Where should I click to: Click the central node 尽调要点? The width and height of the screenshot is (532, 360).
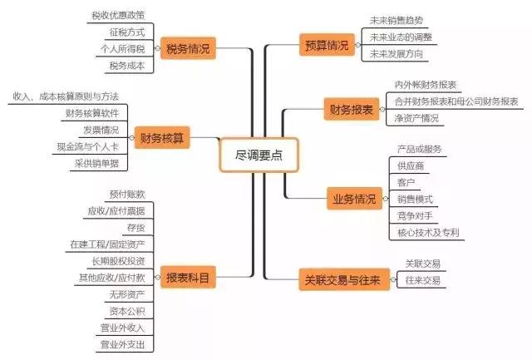pos(259,155)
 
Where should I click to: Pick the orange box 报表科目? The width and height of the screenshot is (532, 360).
pos(187,276)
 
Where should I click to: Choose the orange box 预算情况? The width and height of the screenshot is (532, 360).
pos(326,46)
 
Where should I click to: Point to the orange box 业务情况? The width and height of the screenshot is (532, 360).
pos(353,200)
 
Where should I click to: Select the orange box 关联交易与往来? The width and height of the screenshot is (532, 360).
pos(341,280)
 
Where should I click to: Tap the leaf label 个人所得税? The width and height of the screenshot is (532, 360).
pos(121,49)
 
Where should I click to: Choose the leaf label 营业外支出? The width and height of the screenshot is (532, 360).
pos(122,343)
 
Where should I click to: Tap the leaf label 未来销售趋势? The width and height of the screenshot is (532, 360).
pos(401,20)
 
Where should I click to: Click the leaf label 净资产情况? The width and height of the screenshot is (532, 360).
pos(416,118)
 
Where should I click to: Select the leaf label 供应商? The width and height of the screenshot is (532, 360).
pos(412,166)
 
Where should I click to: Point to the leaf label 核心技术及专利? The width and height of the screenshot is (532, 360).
pos(428,233)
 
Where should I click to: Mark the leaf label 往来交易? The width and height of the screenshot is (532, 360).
pos(422,281)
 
